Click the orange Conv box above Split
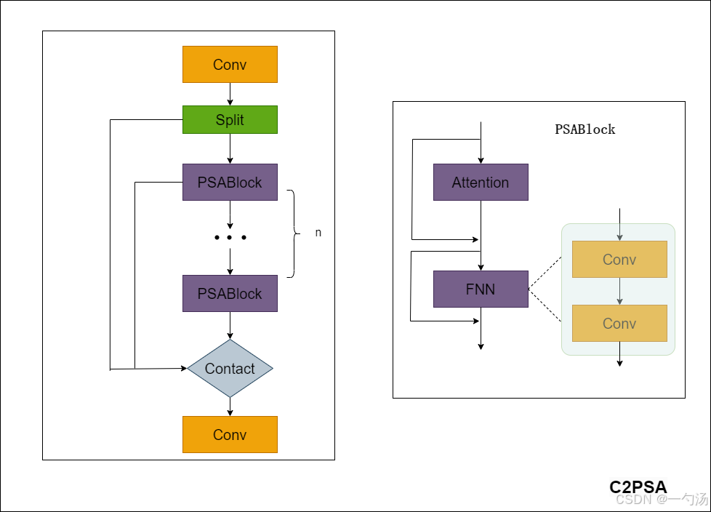click(x=230, y=65)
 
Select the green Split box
click(x=230, y=120)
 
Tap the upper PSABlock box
click(x=230, y=183)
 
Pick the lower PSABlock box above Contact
click(x=230, y=293)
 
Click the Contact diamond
click(x=230, y=368)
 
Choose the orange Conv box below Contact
click(x=230, y=434)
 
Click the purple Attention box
click(x=481, y=183)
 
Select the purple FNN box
click(x=481, y=289)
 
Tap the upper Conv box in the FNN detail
click(x=619, y=260)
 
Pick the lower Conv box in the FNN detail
click(x=619, y=324)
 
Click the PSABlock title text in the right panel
click(x=585, y=129)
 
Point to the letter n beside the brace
click(x=318, y=233)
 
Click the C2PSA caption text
click(x=638, y=487)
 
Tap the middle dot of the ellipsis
click(x=230, y=238)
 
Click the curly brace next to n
click(x=294, y=233)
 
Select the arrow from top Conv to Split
click(x=230, y=95)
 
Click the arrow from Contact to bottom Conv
click(x=230, y=407)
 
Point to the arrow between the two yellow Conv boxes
click(x=619, y=291)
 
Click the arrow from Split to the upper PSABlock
click(x=230, y=149)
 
